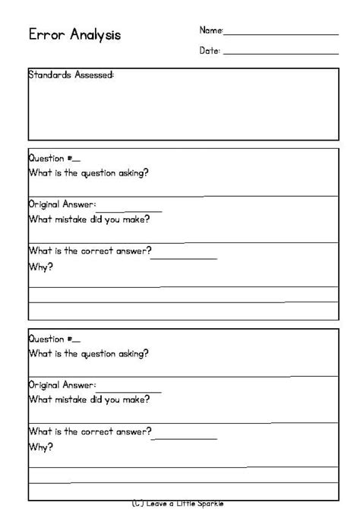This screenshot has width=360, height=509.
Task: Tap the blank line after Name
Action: pos(281,34)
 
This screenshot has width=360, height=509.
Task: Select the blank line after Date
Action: pos(281,53)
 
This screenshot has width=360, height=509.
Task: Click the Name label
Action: pos(210,30)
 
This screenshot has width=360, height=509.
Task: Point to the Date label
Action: pos(210,50)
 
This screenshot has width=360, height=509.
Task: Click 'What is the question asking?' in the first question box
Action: pos(88,172)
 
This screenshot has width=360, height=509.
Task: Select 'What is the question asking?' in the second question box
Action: pos(88,353)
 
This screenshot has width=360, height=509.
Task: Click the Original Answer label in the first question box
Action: pos(62,204)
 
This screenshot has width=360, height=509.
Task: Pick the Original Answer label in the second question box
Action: pos(62,385)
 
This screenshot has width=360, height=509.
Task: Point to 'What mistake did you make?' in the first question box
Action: pos(89,220)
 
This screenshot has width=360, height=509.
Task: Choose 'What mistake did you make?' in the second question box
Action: pos(89,400)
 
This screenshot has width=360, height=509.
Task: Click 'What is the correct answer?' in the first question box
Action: pos(90,251)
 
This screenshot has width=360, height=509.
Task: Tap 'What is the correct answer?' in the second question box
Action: pos(90,432)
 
